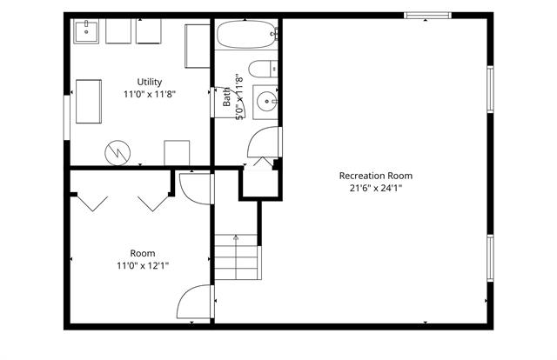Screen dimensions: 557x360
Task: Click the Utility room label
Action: coord(150,82)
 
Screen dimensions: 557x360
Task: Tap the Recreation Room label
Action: coord(376,176)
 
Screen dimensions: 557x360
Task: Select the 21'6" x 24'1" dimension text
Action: coord(376,188)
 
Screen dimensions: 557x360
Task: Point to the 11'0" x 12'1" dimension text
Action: coord(143,265)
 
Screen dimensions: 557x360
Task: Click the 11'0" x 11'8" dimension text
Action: coord(150,94)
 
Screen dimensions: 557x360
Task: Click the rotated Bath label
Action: coord(226,97)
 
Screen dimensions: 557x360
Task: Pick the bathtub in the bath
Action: coord(246,34)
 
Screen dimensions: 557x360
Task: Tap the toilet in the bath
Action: coord(263,69)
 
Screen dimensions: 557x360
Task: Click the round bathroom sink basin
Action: coord(267,102)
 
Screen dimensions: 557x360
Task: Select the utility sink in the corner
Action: coord(86,31)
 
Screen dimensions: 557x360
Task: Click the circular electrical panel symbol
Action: coord(117,153)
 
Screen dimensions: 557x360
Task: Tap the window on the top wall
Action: coord(427,16)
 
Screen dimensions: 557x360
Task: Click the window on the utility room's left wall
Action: coord(67,117)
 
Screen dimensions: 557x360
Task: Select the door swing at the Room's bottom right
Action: coord(194,302)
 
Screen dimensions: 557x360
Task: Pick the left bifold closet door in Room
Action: coord(92,203)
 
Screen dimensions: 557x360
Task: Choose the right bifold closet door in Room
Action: coord(153,203)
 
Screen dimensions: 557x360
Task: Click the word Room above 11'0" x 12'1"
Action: coord(143,254)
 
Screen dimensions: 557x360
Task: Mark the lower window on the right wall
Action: coord(490,258)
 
